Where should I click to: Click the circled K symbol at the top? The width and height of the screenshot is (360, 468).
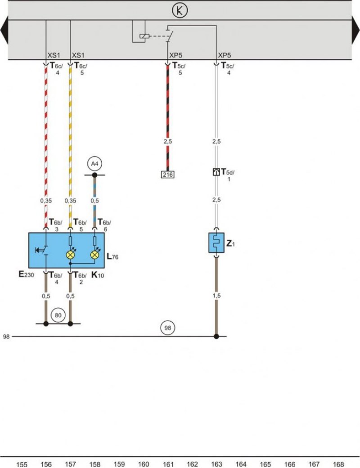coord(180,10)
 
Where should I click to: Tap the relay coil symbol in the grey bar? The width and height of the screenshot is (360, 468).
coord(144,36)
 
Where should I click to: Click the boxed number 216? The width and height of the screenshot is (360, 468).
coord(167,174)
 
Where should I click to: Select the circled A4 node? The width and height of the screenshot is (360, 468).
coord(94,163)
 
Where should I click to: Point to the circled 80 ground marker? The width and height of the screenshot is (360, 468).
coord(58,315)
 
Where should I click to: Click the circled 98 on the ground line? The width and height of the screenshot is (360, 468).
coord(168,328)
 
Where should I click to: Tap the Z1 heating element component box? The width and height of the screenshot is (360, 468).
coord(216,243)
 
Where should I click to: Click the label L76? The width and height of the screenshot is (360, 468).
coord(112,256)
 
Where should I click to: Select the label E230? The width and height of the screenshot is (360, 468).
coord(26,274)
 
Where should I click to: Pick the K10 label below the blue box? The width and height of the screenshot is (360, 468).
coord(98,275)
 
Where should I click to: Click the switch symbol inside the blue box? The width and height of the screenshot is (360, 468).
coord(42,250)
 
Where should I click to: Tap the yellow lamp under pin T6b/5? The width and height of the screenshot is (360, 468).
coord(71,255)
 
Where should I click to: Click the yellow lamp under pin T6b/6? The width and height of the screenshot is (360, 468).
coord(95,255)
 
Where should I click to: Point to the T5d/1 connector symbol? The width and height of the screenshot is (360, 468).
coord(216,171)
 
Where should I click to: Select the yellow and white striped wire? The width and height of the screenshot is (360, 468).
coord(71,146)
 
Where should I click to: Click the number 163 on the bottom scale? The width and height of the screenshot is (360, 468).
coord(216,464)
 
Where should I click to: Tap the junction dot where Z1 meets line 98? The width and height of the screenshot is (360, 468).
coord(216,337)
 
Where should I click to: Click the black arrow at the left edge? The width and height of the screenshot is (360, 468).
coord(4,30)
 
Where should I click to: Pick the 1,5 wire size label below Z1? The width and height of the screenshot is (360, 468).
coord(216,296)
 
